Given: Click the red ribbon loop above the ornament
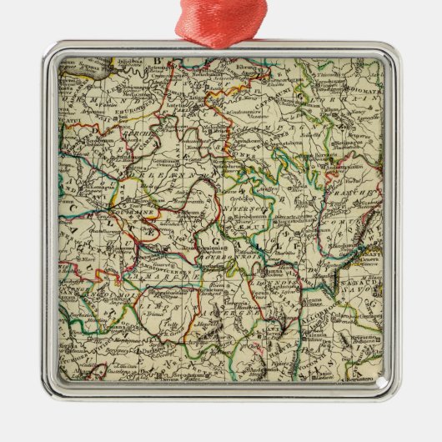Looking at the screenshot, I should click(x=221, y=18).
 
